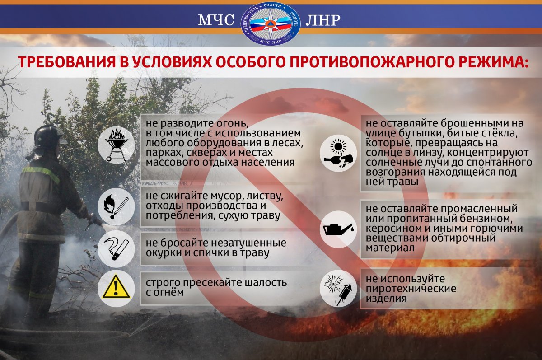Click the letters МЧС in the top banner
pos(216,20)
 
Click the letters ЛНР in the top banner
pos(323,20)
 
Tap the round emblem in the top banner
pos(271,23)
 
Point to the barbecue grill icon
pos(117,145)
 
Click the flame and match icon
pos(116,206)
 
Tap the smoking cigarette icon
pos(116,249)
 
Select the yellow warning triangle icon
pos(116,286)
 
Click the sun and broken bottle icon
pos(338,154)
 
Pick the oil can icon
pos(338,229)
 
